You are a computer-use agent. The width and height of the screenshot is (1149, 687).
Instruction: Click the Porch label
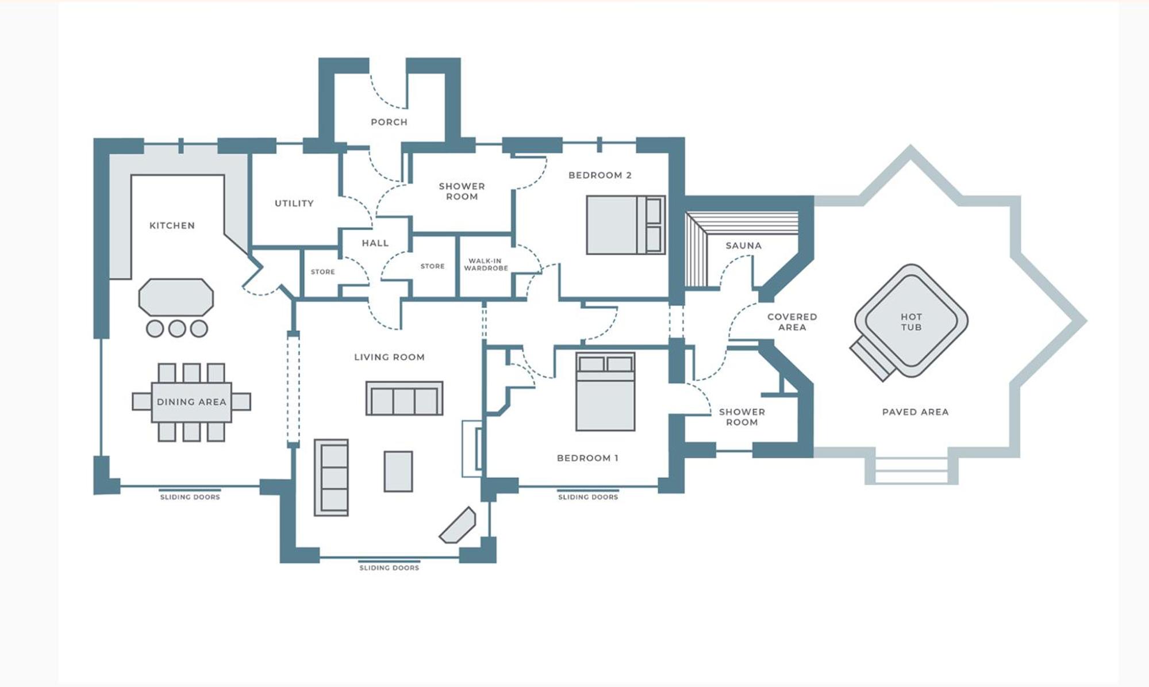pos(389,122)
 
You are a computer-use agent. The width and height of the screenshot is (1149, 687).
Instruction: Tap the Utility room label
pos(294,203)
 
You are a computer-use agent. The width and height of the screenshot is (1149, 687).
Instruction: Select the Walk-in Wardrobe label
pos(486,264)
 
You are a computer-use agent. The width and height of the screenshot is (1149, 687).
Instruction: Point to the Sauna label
pos(743,245)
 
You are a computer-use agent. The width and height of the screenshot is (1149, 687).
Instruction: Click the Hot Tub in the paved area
pos(910,321)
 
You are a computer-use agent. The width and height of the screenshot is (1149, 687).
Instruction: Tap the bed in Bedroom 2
pos(625,225)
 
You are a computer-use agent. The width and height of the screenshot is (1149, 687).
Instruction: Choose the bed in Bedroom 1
pos(605,392)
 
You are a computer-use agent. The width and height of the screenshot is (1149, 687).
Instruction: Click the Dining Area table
pos(191,402)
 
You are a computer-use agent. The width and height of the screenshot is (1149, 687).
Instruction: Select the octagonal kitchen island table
pos(176,297)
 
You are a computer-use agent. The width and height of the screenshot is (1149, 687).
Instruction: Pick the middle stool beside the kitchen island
pos(177,328)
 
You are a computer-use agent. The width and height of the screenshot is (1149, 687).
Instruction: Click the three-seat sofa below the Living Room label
pos(404,398)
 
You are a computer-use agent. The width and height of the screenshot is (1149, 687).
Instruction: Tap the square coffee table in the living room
pos(398,471)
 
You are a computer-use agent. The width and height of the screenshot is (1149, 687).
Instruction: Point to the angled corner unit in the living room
pos(458,525)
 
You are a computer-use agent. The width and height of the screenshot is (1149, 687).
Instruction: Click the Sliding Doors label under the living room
pos(389,567)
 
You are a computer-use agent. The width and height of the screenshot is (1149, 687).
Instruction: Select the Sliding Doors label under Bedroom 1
pos(588,497)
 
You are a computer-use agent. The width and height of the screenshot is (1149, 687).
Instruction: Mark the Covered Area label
pos(791,322)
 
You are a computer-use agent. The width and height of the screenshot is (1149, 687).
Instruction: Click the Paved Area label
pos(915,412)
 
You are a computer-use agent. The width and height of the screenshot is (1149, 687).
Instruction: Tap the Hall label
pos(375,243)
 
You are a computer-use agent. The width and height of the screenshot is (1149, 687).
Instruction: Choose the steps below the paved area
pos(911,470)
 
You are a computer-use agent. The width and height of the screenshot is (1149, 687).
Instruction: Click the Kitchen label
pos(172,225)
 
